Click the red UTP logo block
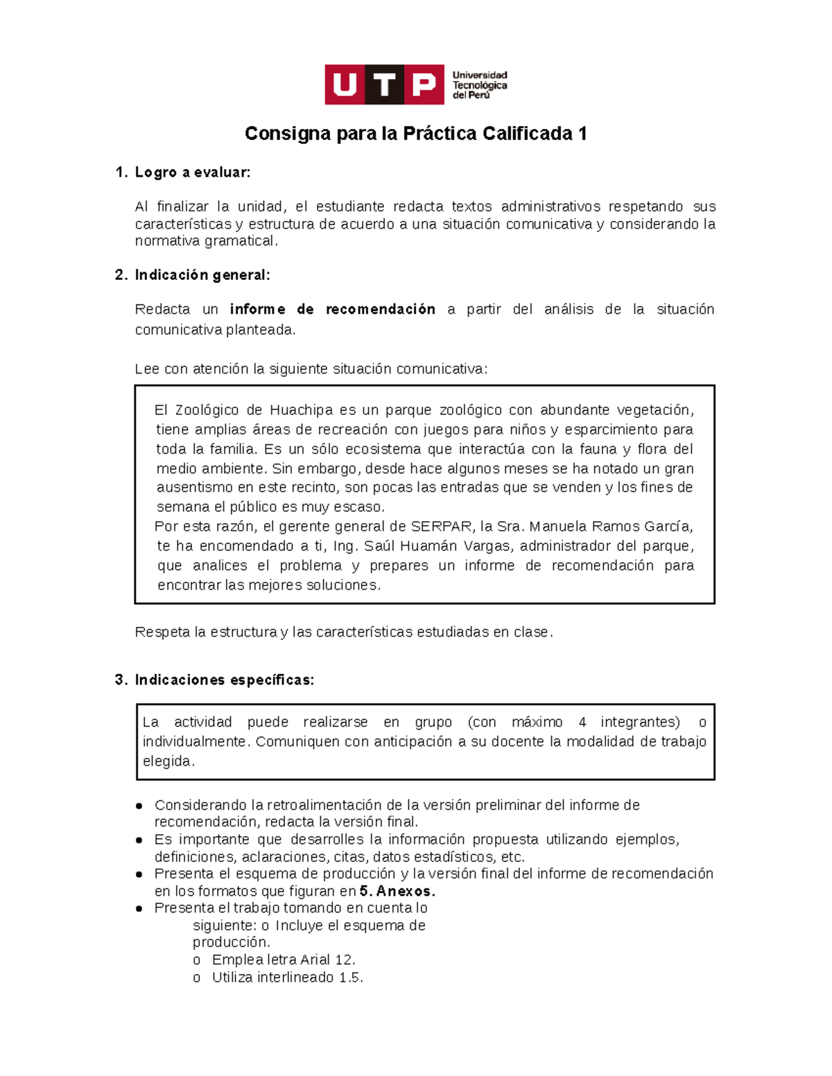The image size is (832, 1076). [x=384, y=85]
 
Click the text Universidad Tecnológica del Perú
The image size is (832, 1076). [x=480, y=85]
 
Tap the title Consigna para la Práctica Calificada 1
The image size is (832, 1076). [x=415, y=134]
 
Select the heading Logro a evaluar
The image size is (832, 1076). [x=192, y=173]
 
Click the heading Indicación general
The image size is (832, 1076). [x=202, y=275]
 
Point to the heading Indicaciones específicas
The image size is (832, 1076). [x=224, y=680]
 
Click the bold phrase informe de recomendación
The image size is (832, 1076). [x=332, y=309]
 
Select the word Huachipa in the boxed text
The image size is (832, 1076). [x=301, y=409]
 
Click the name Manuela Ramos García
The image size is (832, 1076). [x=611, y=526]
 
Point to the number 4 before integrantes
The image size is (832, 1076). [x=582, y=722]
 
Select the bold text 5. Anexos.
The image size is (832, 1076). [x=397, y=891]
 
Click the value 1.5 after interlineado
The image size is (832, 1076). [x=350, y=978]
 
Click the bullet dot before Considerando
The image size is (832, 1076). [x=139, y=806]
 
